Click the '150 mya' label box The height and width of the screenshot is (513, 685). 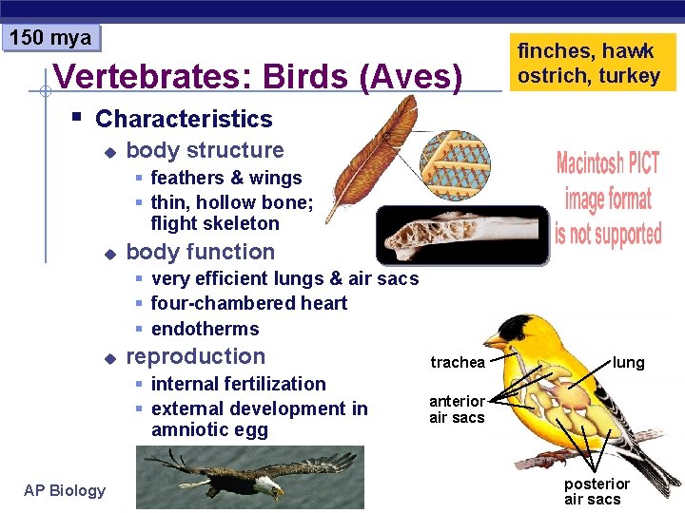point(50,38)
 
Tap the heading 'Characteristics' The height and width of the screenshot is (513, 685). point(184,119)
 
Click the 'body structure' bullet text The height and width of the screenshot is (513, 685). point(205,150)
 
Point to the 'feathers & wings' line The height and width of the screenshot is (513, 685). point(225,178)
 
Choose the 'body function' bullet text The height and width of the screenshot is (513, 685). point(200,252)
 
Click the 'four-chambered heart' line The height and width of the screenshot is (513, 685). point(248,303)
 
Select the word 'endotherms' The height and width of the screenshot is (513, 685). point(205,329)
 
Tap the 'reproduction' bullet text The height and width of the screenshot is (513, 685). point(195,356)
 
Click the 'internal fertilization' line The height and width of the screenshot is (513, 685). point(238,384)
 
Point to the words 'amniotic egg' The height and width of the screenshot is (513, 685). point(209,429)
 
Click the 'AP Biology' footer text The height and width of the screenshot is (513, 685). point(65,490)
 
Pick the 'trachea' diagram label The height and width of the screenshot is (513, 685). point(457,362)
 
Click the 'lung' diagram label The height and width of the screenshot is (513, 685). point(628,362)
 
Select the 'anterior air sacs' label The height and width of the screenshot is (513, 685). point(457,409)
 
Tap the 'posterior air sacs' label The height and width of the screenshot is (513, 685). point(597,491)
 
